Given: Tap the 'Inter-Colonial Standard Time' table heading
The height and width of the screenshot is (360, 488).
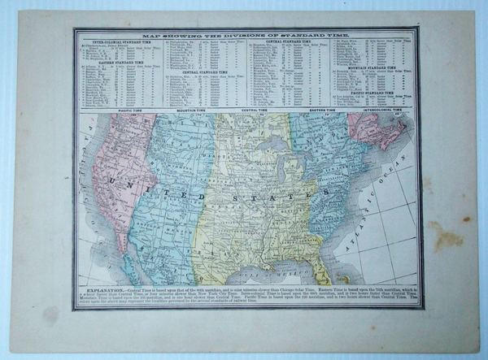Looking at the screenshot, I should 116,42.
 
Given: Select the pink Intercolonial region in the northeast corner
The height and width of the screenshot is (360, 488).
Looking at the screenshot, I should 374,130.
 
